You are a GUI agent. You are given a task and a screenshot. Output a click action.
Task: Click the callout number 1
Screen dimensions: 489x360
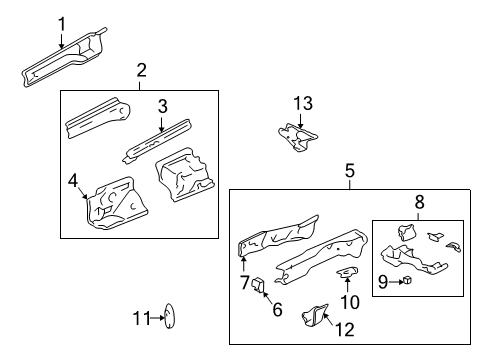pos(62,24)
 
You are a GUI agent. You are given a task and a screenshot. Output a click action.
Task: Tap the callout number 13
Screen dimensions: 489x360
pos(303,103)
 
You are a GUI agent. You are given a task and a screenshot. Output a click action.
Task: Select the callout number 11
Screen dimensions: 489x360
pos(142,318)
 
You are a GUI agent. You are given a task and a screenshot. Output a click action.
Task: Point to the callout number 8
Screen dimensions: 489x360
pos(419,202)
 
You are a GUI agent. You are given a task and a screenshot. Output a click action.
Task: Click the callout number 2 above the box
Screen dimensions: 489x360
pos(141,70)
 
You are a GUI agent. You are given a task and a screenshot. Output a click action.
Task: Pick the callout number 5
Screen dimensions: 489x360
pos(350,171)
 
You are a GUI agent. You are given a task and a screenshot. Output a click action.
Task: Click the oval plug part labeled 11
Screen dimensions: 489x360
pos(170,316)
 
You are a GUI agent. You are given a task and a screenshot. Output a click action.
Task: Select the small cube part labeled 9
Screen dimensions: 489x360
pos(407,280)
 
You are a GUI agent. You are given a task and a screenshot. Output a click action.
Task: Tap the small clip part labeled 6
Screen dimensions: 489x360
pos(258,285)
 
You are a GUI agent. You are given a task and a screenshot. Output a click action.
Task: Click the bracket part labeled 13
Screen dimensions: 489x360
pos(298,137)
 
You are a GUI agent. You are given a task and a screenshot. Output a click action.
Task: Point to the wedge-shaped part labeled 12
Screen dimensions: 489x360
pos(315,315)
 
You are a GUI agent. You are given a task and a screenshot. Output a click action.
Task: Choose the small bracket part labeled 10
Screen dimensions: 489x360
pos(347,272)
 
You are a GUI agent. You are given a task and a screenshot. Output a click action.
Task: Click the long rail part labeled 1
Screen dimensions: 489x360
pos(63,57)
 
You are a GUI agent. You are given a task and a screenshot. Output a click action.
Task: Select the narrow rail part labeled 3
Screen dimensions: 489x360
pos(157,141)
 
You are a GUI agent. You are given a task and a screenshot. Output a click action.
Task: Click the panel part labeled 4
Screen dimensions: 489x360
pos(115,204)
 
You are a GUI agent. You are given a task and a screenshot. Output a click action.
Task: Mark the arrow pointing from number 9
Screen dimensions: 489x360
pos(396,282)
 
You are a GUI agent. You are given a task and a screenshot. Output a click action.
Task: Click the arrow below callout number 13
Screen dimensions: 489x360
pos(301,121)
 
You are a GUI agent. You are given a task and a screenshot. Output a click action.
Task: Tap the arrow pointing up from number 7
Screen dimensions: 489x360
pos(244,264)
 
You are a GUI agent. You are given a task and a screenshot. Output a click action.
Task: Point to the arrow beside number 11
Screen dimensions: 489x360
pos(157,318)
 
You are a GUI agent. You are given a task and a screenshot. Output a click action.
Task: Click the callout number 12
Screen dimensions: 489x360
pos(345,330)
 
